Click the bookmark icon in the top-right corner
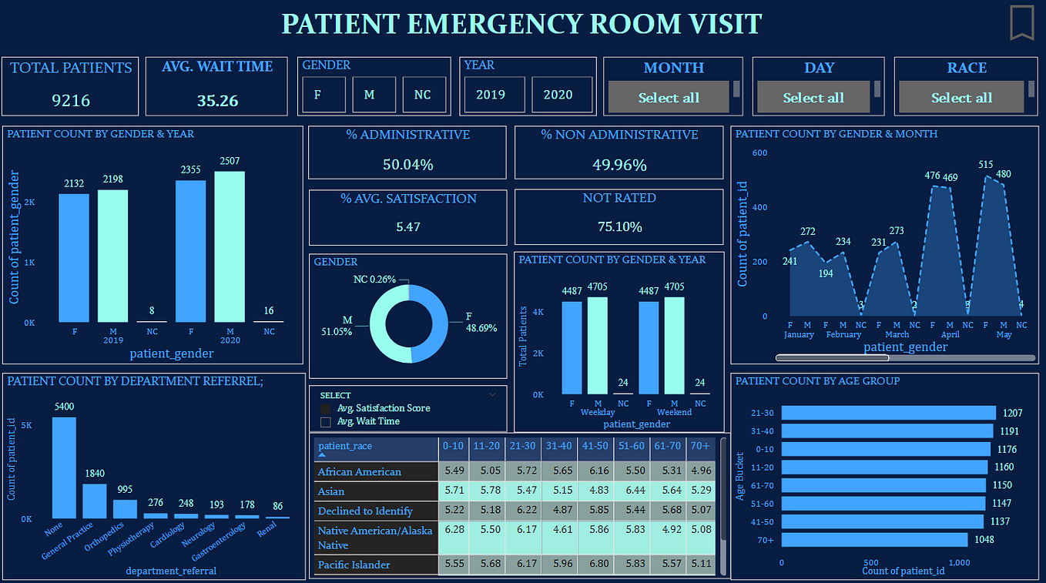click(1021, 22)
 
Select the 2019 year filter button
click(491, 95)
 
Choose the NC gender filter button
click(423, 95)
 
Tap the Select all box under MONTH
click(668, 98)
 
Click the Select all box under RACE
click(961, 98)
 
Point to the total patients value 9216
click(71, 100)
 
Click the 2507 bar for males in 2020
click(230, 246)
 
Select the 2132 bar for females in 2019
click(74, 257)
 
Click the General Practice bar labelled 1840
click(95, 501)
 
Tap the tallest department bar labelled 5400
click(64, 467)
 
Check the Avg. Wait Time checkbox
click(325, 422)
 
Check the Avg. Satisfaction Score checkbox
click(325, 408)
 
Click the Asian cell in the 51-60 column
click(632, 491)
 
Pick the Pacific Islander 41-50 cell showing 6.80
click(595, 565)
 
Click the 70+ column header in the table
click(702, 446)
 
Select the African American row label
click(360, 471)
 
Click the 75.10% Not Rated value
click(619, 226)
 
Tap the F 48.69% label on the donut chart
click(481, 322)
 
